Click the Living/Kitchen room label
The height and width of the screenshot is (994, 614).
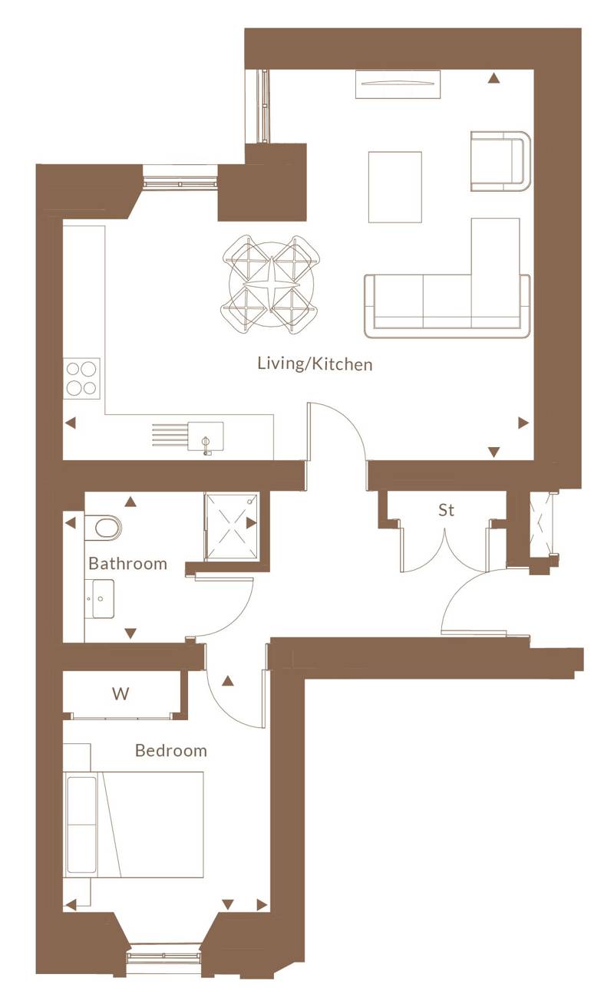point(315,364)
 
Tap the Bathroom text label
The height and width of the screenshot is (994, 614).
point(127,564)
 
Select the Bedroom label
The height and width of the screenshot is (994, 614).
point(171,751)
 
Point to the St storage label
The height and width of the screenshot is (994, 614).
point(446,510)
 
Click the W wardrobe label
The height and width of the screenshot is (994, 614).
point(120,693)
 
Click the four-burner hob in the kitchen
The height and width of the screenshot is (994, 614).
point(81,379)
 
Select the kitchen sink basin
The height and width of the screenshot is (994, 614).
point(206,436)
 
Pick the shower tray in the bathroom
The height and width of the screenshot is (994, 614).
point(231,526)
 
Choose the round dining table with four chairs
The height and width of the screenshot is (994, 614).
point(271,284)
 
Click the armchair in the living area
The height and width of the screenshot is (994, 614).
point(500,161)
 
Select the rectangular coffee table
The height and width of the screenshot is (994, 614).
point(395,187)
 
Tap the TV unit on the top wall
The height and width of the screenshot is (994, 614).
point(398,84)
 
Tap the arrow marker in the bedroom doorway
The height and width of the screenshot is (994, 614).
point(228,681)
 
